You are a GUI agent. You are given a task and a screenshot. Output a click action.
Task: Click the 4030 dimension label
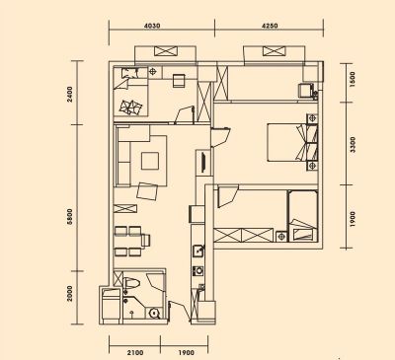click(152, 26)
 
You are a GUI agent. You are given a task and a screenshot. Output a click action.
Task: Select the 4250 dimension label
click(270, 26)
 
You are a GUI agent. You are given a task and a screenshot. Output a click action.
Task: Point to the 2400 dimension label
click(69, 94)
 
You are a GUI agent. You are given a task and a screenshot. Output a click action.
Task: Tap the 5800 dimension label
click(69, 217)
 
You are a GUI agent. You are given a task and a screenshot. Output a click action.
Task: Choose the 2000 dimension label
click(69, 293)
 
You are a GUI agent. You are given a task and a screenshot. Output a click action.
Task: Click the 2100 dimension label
click(135, 353)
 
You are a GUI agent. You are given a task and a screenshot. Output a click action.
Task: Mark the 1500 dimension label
click(352, 79)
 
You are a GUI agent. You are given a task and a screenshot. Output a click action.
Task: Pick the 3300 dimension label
click(353, 145)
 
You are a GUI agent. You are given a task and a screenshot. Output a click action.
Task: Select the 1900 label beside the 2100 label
click(187, 353)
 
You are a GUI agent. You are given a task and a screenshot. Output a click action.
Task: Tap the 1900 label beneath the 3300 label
click(353, 219)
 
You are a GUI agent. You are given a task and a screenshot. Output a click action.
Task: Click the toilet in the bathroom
click(132, 283)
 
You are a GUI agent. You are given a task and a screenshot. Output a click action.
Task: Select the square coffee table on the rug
click(150, 161)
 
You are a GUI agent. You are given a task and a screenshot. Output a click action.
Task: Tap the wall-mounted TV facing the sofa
click(203, 162)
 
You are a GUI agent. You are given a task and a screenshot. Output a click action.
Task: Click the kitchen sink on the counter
click(198, 251)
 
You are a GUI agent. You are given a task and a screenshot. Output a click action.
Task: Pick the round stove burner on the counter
click(198, 271)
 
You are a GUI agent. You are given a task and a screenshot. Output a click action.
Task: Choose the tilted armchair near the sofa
click(147, 191)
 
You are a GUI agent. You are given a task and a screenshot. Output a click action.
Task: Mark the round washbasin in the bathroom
click(154, 313)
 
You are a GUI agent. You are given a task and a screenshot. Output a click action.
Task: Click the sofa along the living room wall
click(124, 156)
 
